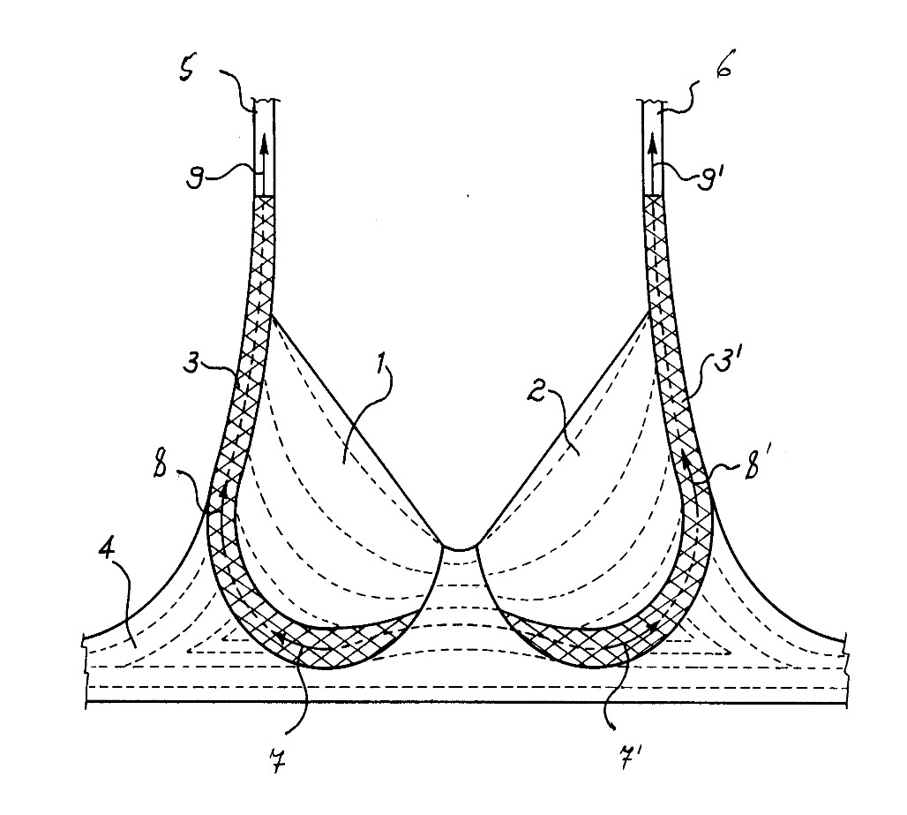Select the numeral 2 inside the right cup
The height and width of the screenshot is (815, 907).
(536, 394)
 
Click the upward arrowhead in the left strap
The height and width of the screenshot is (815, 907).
(265, 142)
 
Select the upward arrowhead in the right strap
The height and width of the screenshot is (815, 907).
(653, 142)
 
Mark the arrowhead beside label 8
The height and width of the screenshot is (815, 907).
(223, 491)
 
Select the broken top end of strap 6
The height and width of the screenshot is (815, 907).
(651, 103)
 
